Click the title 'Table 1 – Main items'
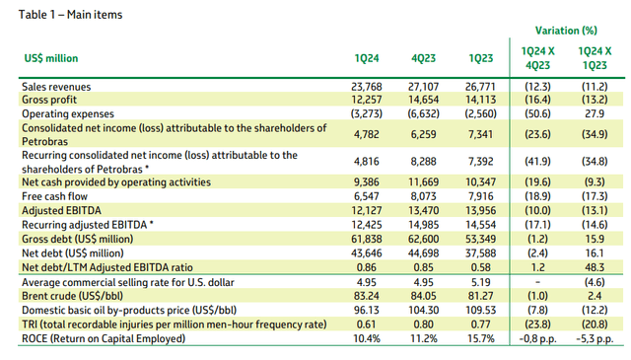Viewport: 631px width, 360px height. pos(70,15)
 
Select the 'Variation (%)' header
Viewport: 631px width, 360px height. pos(566,31)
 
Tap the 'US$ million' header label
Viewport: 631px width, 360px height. pos(51,58)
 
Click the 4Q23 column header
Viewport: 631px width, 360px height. pos(423,58)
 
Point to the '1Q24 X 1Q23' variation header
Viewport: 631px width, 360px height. pos(595,58)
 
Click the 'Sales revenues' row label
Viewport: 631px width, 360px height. pos(56,87)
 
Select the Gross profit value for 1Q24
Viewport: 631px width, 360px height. pos(366,100)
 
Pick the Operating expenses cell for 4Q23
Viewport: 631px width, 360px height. pos(423,114)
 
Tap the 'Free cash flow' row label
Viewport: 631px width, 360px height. pos(54,196)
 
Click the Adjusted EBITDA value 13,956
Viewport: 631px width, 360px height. pos(480,211)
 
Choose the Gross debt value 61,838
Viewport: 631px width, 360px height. pos(366,240)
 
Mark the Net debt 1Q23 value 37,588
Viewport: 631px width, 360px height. pos(480,253)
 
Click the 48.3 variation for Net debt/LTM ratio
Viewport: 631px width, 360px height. pos(595,268)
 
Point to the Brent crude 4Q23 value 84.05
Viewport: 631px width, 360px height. pos(423,296)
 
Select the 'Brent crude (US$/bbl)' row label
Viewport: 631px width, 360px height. pos(72,296)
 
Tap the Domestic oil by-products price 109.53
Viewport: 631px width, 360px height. pos(480,311)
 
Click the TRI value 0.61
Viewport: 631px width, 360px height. pos(366,324)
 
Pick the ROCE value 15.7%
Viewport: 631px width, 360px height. pos(480,338)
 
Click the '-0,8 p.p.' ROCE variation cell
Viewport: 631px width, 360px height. pos(537,339)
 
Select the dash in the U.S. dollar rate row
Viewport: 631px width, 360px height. pos(537,282)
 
